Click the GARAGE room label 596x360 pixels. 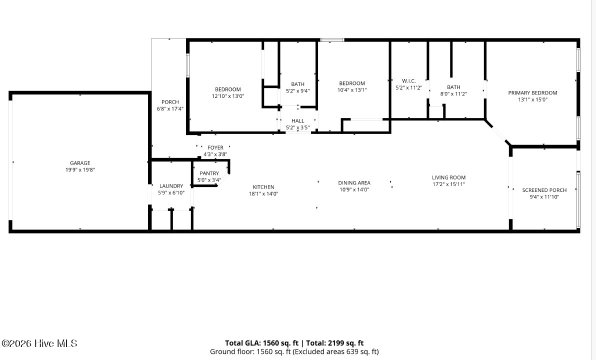pos(80,163)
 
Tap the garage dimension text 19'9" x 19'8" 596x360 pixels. pos(80,170)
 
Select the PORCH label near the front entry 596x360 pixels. pos(170,102)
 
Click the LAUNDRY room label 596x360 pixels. pos(171,186)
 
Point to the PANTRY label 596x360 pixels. pos(209,173)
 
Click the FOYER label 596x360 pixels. pos(215,148)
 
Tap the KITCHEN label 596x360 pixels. pos(263,187)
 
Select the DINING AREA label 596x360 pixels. pos(354,183)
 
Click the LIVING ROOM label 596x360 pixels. pos(448,177)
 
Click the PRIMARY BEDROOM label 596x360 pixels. pos(532,93)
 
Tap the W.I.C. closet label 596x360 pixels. pos(408,81)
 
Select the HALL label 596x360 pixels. pos(297,121)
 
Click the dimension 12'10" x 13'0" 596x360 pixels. pos(228,96)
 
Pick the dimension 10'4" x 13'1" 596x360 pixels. pos(352,90)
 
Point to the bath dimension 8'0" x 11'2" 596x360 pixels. pos(453,94)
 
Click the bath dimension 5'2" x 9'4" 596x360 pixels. pos(297,91)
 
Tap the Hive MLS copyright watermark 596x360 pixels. pos(39,343)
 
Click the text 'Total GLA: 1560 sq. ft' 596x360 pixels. pos(261,343)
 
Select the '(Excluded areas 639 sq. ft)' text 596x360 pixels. pos(336,351)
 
